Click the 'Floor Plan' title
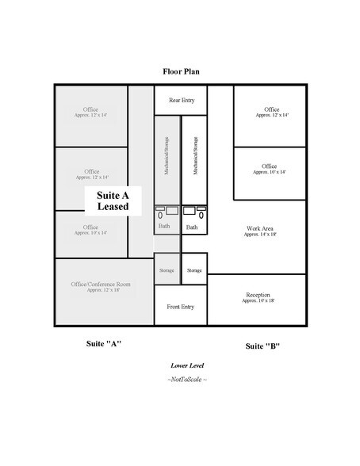click(181, 71)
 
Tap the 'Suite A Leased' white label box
click(107, 201)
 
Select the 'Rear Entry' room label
click(180, 100)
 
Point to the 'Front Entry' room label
click(180, 307)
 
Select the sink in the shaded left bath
click(171, 211)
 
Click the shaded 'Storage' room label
click(167, 270)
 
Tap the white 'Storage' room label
click(194, 270)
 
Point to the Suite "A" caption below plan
click(103, 344)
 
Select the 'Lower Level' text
click(187, 365)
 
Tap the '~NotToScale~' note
click(187, 380)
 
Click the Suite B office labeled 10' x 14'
click(270, 169)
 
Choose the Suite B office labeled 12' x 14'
click(272, 112)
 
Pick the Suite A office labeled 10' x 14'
click(91, 230)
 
